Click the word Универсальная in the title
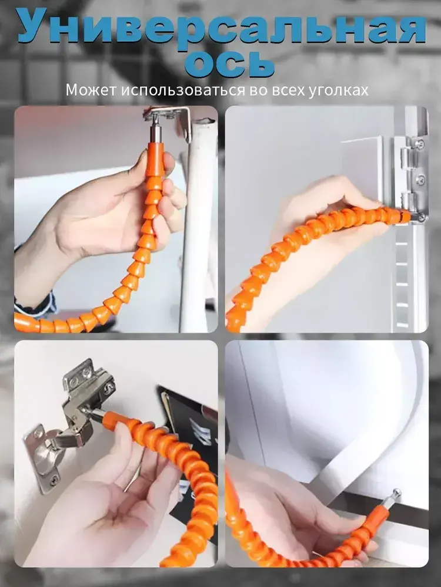click(x=221, y=27)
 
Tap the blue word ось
click(x=229, y=63)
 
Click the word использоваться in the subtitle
click(x=182, y=90)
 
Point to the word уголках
click(x=338, y=90)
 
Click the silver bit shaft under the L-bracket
click(x=155, y=130)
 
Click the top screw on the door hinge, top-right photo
click(x=420, y=144)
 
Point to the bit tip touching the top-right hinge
click(x=417, y=217)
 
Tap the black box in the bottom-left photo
click(x=191, y=449)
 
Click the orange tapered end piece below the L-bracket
click(x=155, y=158)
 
